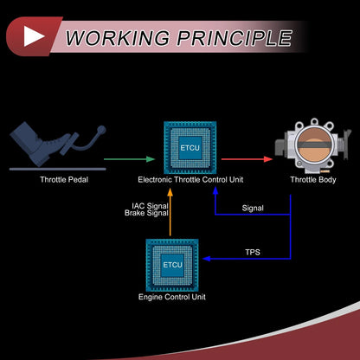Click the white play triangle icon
[32, 36]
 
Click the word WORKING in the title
[118, 38]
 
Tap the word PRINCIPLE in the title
[235, 38]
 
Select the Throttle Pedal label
[64, 180]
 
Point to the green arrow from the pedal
[130, 159]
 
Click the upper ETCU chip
[190, 148]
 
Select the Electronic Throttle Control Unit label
[190, 180]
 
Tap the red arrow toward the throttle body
[247, 159]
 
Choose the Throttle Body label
[313, 180]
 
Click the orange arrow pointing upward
[170, 212]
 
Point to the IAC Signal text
[150, 206]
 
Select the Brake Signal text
[146, 213]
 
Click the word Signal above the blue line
[253, 208]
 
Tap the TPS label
[253, 253]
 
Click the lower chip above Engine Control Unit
[172, 265]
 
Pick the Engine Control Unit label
[172, 297]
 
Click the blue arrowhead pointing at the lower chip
[207, 259]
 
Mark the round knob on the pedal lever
[101, 130]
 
